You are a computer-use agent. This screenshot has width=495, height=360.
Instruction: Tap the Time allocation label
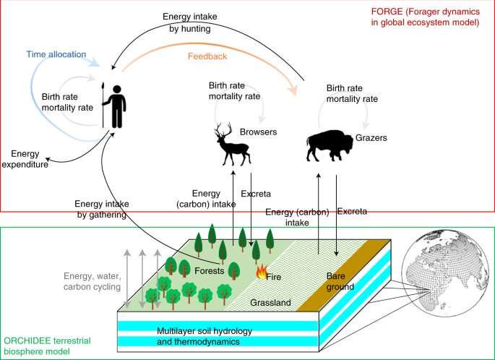pos(56,54)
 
